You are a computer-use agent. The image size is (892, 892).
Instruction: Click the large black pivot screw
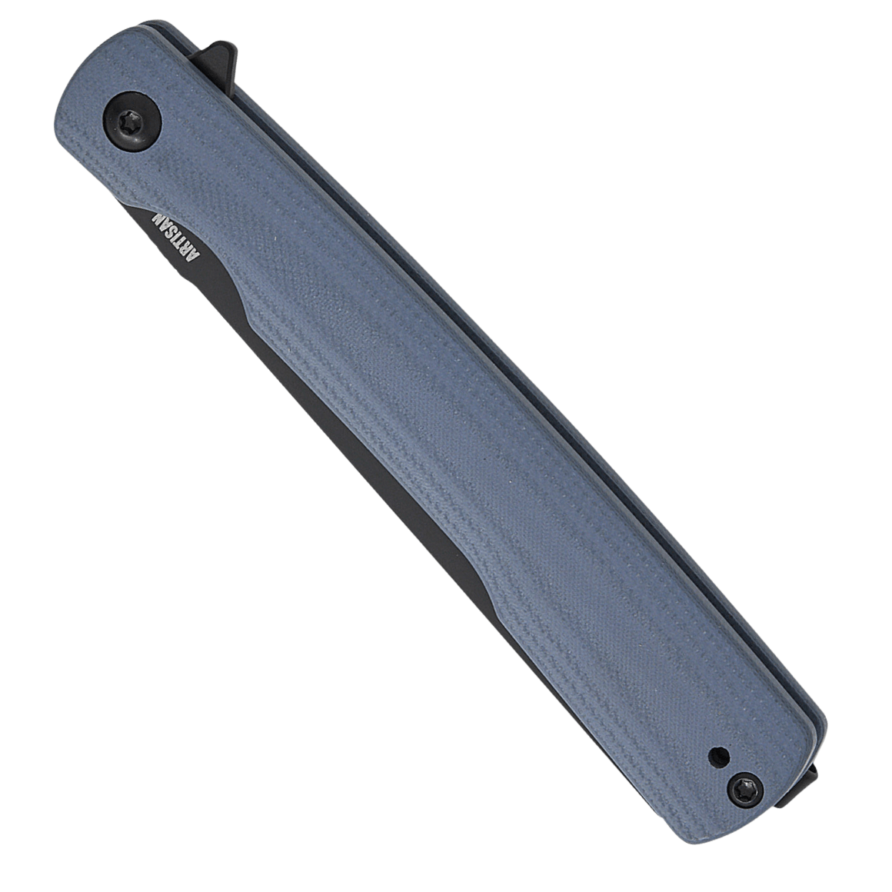pos(131,121)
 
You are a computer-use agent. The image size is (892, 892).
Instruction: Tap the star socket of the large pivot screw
pos(131,121)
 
